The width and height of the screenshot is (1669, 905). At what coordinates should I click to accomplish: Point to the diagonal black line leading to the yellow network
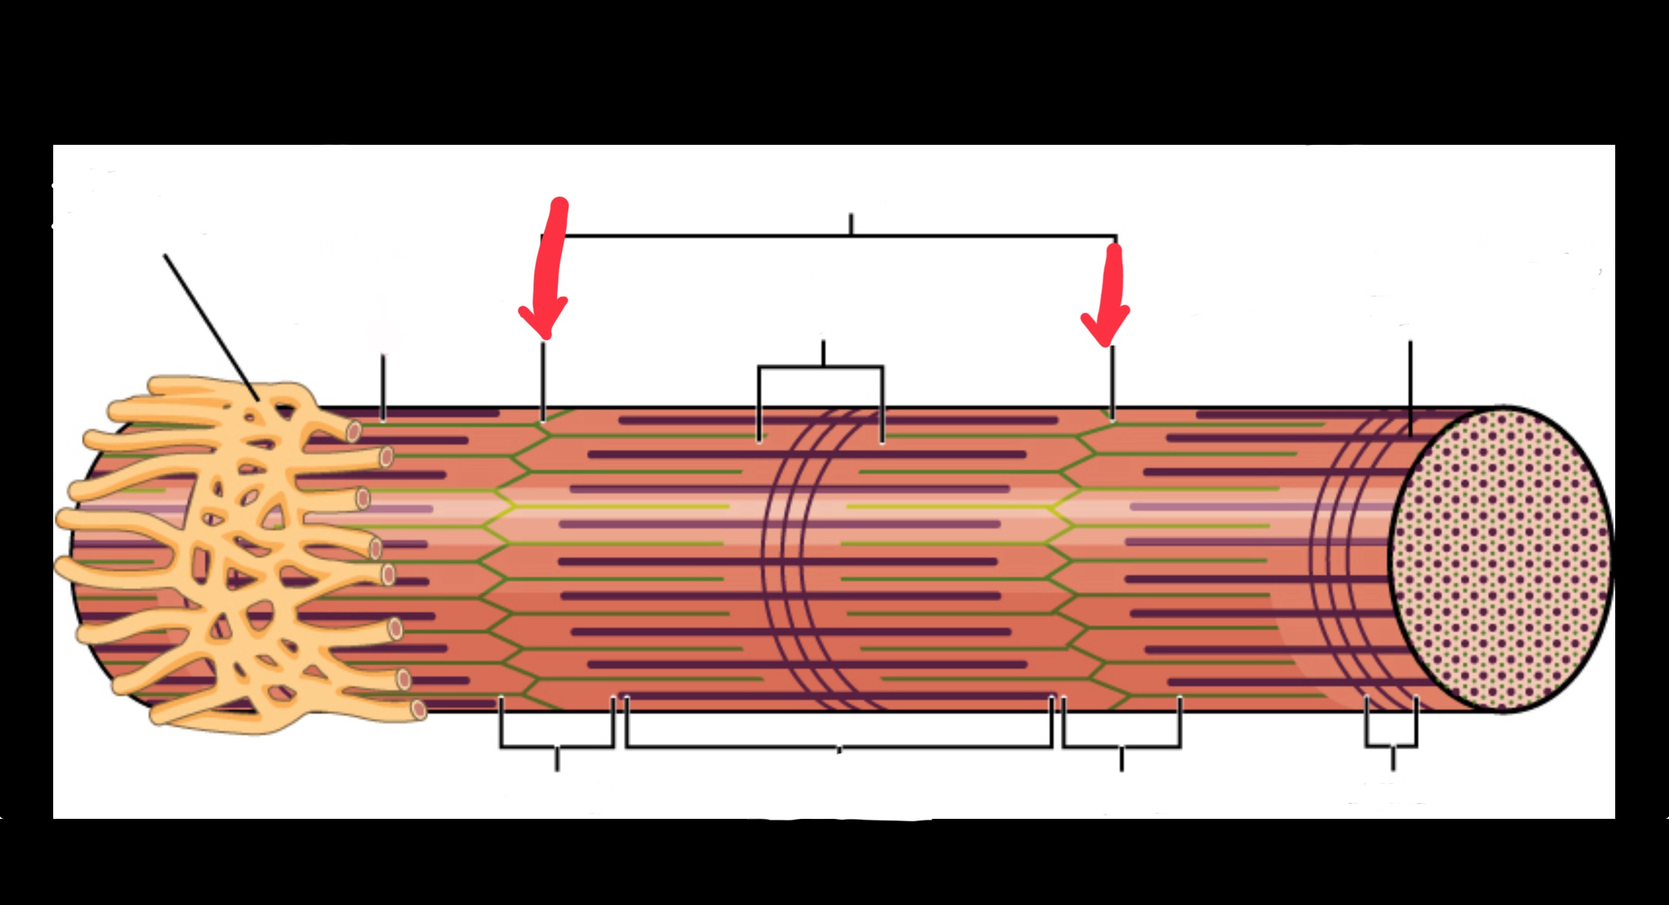point(211,327)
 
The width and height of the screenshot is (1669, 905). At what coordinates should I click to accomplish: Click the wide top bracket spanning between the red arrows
point(842,236)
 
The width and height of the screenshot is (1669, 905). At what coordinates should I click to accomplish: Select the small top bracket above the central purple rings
point(821,368)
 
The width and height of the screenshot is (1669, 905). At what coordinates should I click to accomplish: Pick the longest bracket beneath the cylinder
point(839,747)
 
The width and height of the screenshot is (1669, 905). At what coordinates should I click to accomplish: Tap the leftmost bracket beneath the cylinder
point(556,747)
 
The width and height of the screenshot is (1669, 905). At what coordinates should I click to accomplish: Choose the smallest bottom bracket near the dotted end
point(1391,745)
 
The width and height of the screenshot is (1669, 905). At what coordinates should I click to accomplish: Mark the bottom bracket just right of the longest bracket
point(1121,747)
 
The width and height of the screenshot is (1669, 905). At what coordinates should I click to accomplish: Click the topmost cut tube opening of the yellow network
point(353,431)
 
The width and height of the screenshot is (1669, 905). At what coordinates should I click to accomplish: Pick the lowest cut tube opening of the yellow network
point(419,709)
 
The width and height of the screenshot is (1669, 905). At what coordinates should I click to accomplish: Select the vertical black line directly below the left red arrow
point(543,382)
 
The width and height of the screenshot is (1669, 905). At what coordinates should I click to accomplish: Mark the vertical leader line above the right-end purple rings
point(1410,389)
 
